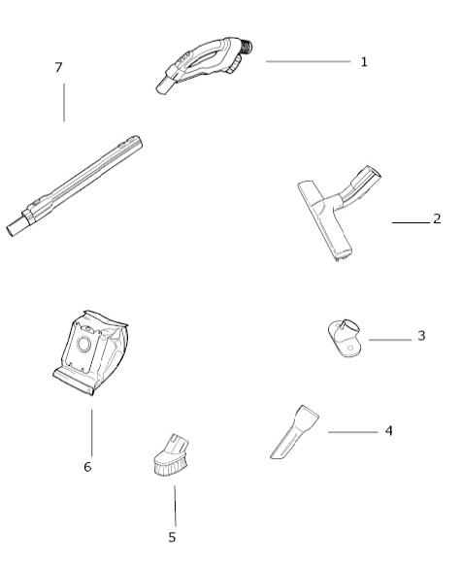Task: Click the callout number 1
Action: click(364, 61)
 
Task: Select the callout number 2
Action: click(437, 218)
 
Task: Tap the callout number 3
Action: click(421, 336)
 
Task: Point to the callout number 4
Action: click(388, 430)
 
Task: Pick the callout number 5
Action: click(172, 537)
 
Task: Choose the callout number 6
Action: click(87, 467)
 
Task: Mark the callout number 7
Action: click(59, 67)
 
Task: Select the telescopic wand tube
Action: click(82, 184)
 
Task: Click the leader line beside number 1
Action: click(308, 61)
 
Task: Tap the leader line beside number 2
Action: click(411, 222)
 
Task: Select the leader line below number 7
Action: click(64, 103)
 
